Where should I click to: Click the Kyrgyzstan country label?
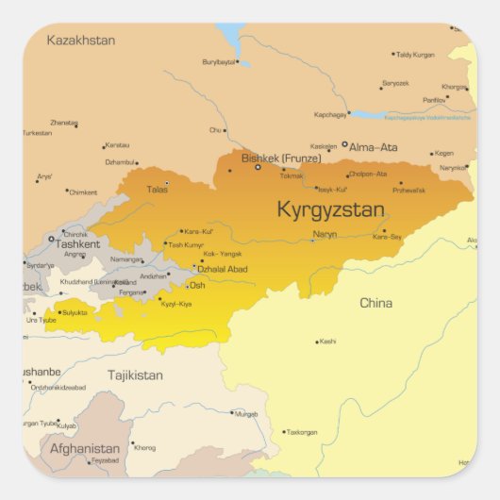point(329,209)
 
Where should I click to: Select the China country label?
point(375,303)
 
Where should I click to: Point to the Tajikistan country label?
point(134,375)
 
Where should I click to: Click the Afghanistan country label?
point(85,448)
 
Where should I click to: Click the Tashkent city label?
point(77,243)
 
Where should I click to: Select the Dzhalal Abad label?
point(222,269)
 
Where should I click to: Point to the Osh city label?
point(197,285)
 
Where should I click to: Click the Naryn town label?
point(325,234)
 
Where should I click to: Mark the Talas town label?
point(157,189)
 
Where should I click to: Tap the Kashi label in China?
point(327,342)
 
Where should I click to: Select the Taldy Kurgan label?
point(415,55)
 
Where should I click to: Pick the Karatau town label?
point(117,144)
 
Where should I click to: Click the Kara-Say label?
point(387,237)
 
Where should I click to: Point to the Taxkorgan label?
point(302,432)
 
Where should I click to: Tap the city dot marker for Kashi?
point(316,342)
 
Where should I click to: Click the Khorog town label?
point(145,447)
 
